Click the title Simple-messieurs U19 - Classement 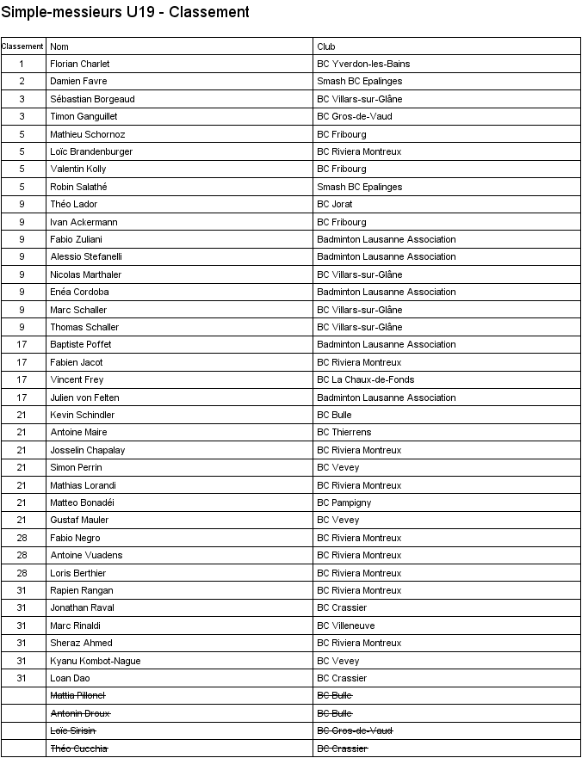(x=126, y=12)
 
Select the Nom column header (x=59, y=46)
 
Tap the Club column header (x=326, y=46)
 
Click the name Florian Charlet (x=80, y=64)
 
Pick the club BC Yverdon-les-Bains (x=363, y=64)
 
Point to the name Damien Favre (x=79, y=81)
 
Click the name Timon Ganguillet (x=84, y=116)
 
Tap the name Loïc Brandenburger (x=91, y=151)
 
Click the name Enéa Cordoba (x=80, y=292)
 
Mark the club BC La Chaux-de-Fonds (x=366, y=379)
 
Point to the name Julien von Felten (x=85, y=397)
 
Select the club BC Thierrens (x=344, y=432)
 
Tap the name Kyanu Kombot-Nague (x=96, y=661)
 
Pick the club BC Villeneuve (x=346, y=626)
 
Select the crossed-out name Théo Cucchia (x=79, y=749)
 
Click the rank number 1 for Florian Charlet (x=22, y=64)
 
